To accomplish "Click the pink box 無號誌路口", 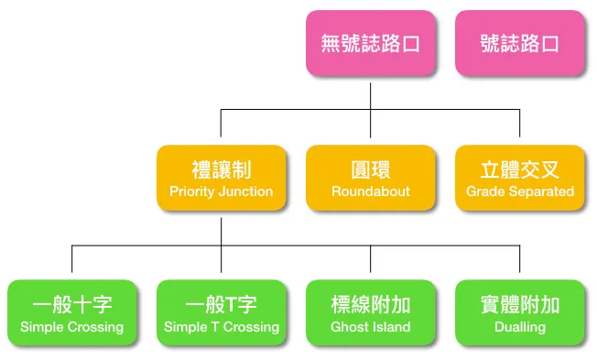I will click(370, 43).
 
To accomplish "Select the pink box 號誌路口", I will click(519, 43).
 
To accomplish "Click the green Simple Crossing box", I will click(71, 312).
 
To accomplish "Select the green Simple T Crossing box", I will click(221, 312).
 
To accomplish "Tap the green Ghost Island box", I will click(370, 312).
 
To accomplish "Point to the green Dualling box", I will click(519, 312).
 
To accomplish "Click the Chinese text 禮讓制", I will click(221, 169).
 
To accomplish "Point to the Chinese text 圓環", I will click(370, 169).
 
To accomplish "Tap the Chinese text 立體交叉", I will click(519, 169).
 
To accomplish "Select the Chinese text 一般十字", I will click(71, 304).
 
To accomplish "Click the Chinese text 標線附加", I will click(370, 304).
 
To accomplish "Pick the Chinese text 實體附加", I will click(519, 304).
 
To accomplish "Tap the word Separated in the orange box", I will click(541, 192).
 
